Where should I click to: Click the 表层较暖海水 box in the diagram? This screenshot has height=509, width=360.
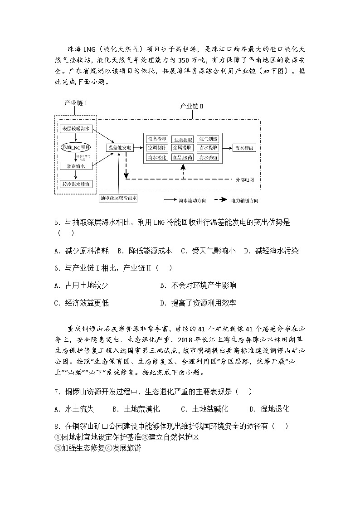(x=76, y=129)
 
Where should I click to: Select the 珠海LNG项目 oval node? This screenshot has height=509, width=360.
(x=76, y=147)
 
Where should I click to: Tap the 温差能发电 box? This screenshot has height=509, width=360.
(x=120, y=147)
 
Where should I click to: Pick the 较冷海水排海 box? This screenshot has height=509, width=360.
(x=76, y=184)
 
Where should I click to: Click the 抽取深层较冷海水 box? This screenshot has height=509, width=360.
(x=118, y=198)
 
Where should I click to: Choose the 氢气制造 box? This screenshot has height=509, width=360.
(x=209, y=139)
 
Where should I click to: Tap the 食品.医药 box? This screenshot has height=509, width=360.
(x=183, y=157)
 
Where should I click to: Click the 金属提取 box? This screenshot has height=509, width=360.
(x=183, y=148)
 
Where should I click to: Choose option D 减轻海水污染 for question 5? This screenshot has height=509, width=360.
(x=271, y=251)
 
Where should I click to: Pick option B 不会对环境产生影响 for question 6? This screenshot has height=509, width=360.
(x=198, y=285)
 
